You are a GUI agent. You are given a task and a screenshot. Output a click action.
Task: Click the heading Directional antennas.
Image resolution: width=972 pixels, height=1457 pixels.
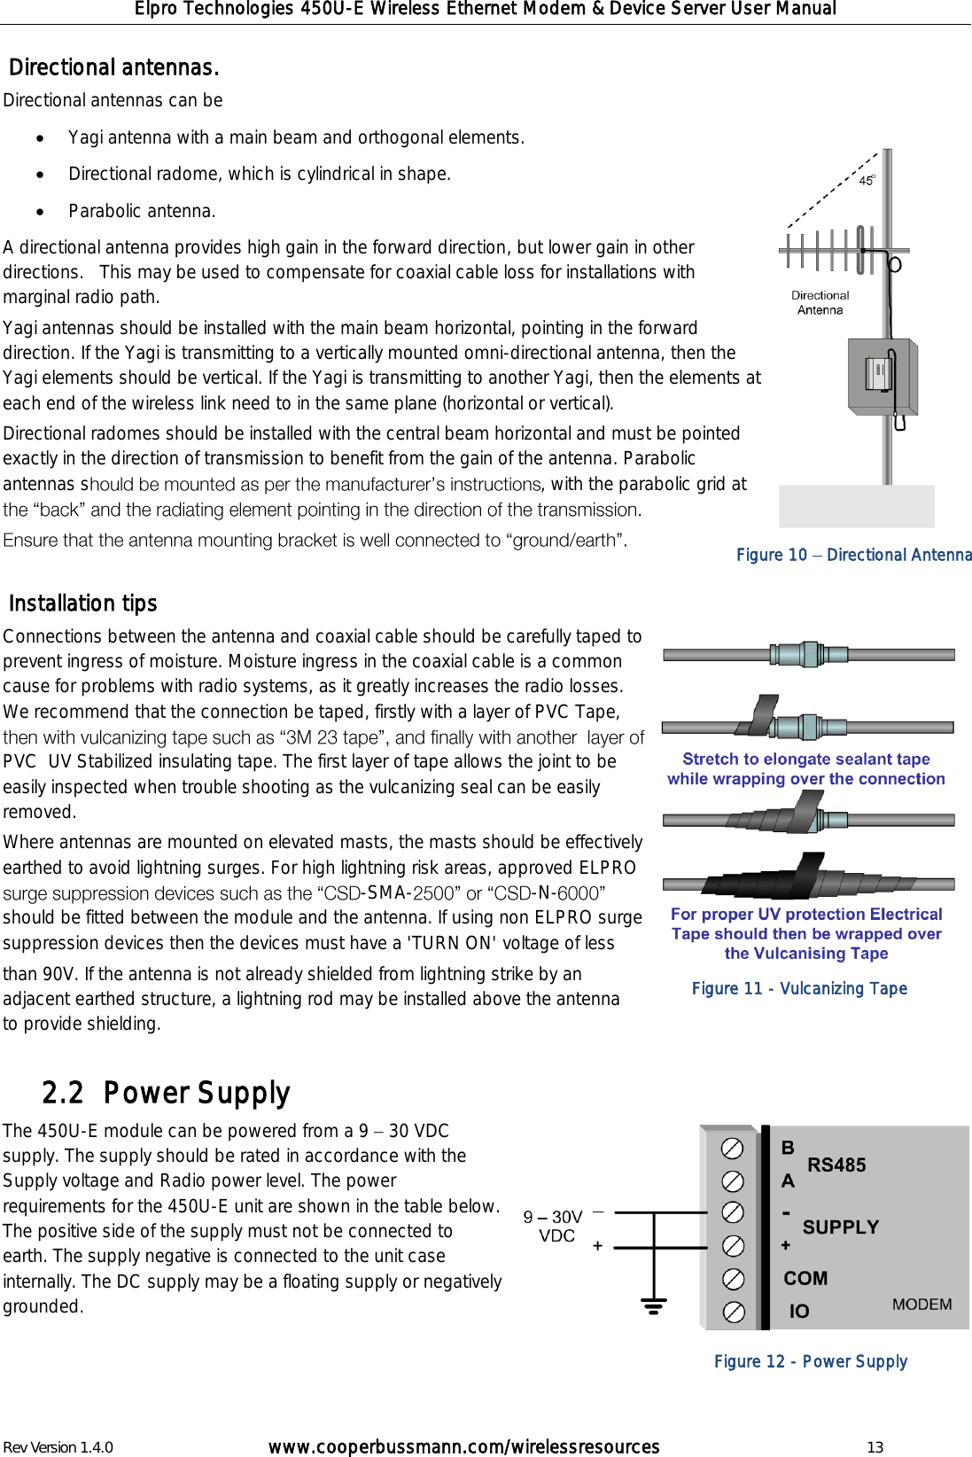pyautogui.click(x=113, y=68)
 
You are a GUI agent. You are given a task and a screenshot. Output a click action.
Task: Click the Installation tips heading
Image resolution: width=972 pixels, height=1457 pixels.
pyautogui.click(x=82, y=604)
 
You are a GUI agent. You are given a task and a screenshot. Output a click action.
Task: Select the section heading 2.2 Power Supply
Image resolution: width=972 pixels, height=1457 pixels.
pyautogui.click(x=166, y=1093)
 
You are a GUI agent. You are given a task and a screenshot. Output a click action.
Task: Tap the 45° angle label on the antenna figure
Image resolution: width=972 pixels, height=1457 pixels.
pyautogui.click(x=867, y=180)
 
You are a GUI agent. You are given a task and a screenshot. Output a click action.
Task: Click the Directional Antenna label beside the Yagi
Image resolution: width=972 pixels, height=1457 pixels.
pyautogui.click(x=820, y=302)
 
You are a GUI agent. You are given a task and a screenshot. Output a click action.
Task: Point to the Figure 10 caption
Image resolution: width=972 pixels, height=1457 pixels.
pyautogui.click(x=853, y=555)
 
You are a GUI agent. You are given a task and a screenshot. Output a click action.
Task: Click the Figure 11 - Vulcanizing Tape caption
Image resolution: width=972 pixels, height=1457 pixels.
pyautogui.click(x=799, y=988)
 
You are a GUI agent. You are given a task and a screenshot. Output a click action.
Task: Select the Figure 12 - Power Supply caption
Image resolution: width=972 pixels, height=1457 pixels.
pyautogui.click(x=810, y=1361)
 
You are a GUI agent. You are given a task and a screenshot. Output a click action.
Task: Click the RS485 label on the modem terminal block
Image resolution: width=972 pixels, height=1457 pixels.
pyautogui.click(x=836, y=1165)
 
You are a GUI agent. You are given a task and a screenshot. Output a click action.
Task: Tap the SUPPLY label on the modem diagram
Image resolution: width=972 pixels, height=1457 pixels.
pyautogui.click(x=840, y=1227)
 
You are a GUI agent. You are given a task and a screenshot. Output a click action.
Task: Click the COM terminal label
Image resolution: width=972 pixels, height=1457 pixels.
pyautogui.click(x=805, y=1278)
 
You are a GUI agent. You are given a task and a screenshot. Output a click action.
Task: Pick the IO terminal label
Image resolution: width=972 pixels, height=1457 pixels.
pyautogui.click(x=799, y=1311)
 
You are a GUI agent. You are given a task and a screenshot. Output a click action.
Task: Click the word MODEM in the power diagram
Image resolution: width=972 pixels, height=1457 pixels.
pyautogui.click(x=921, y=1305)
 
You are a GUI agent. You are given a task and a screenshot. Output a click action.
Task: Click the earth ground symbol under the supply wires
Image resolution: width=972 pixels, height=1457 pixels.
pyautogui.click(x=654, y=1305)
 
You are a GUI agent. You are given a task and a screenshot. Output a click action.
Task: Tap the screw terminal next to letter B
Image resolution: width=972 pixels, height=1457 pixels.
pyautogui.click(x=732, y=1149)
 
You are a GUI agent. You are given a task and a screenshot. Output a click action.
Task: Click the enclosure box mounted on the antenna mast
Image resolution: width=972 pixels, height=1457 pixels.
pyautogui.click(x=882, y=376)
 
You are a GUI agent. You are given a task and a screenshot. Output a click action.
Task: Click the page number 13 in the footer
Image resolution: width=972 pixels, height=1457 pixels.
pyautogui.click(x=875, y=1447)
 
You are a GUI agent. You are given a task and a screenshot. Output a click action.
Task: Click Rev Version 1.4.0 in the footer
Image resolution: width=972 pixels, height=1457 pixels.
pyautogui.click(x=58, y=1447)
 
